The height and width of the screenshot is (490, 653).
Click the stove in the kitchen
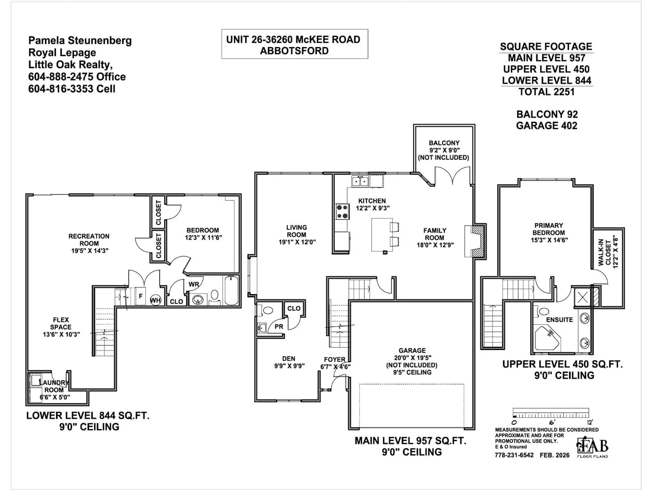[342, 211]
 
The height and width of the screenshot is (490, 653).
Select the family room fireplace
[475, 241]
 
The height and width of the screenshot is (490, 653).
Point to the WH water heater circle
[156, 300]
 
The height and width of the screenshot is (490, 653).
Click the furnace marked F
[141, 296]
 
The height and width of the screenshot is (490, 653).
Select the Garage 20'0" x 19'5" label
[412, 354]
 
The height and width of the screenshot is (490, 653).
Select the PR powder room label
[279, 326]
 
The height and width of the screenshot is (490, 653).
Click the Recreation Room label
[89, 243]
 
